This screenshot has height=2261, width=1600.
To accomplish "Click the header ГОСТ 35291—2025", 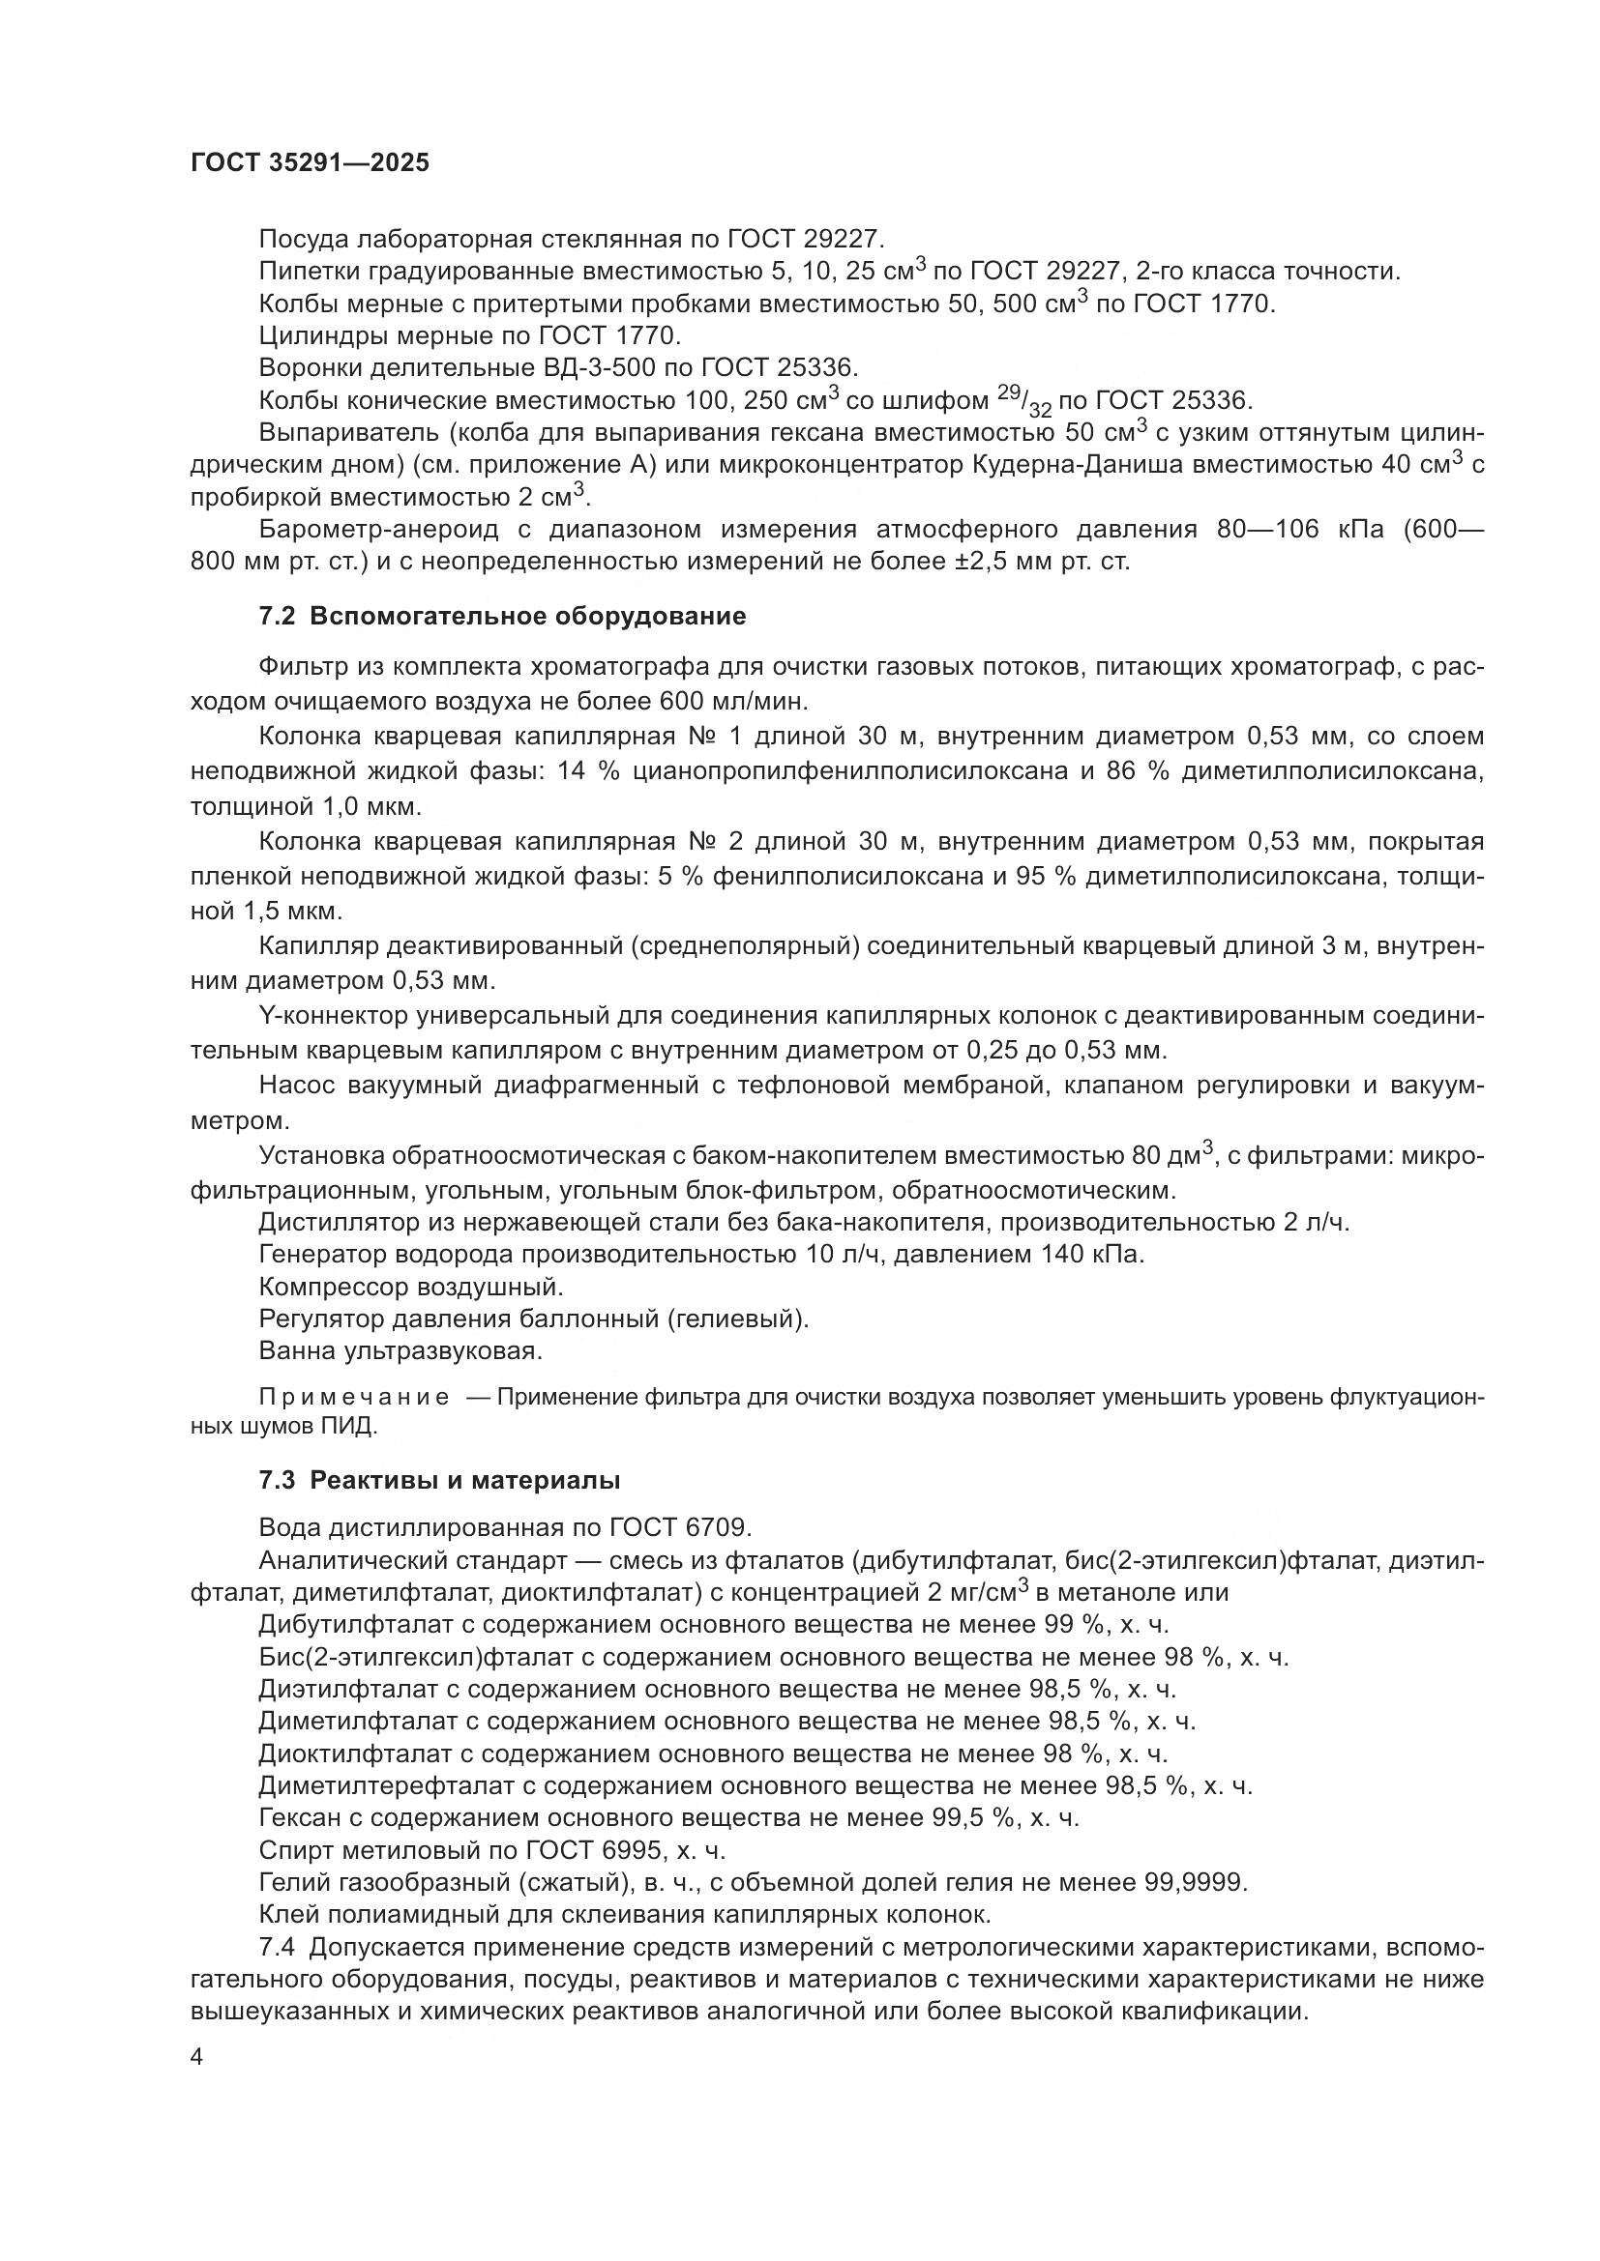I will pyautogui.click(x=311, y=163).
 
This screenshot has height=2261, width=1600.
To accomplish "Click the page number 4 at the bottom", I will pyautogui.click(x=197, y=2058).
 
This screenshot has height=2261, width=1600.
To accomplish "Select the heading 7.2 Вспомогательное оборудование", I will pyautogui.click(x=502, y=617).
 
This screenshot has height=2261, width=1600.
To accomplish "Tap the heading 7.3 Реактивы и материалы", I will pyautogui.click(x=439, y=1480).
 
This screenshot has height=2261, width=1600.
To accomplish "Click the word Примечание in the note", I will pyautogui.click(x=354, y=1399).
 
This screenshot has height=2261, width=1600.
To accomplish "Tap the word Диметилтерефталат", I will pyautogui.click(x=396, y=1785).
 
